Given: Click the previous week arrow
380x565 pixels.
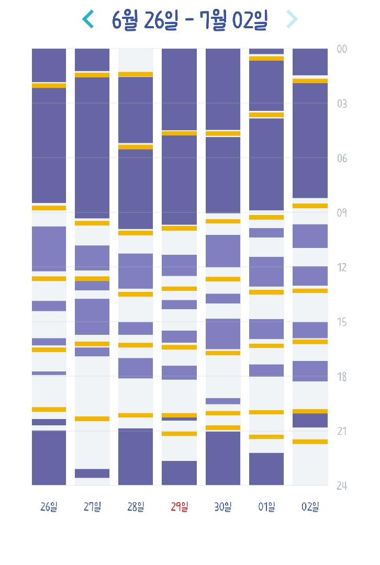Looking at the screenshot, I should coord(88,19).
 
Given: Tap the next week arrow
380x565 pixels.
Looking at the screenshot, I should coord(292,19).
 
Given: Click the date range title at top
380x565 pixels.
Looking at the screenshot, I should coord(190,20).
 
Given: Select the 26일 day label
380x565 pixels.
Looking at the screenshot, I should coord(49,506).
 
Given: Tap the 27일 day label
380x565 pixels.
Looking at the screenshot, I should coord(92,506).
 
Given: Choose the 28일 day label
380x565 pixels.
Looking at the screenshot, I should coord(136,506).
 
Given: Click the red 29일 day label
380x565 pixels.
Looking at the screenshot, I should coord(179,506).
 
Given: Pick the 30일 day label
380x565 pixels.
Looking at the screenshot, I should coord(222,506).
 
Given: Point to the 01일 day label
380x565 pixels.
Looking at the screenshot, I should coord(266,506).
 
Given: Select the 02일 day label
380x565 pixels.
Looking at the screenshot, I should coord(309,506).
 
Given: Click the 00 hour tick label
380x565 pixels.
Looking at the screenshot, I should coord(342,49).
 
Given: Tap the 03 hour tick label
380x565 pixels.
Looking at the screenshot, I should coord(342,104).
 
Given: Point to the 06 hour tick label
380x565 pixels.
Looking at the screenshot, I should coord(342,159).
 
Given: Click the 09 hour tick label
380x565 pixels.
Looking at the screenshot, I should coord(342,213).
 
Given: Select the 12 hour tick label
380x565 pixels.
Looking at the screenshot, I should coord(342,267).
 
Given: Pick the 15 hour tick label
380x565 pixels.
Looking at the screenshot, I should coord(342,322).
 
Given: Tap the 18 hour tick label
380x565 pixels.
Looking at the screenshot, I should coord(342,377).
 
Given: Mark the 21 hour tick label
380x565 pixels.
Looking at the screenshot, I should coord(342,431).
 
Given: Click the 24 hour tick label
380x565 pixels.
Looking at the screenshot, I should coord(342,486).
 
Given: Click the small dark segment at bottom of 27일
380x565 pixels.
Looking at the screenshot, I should coord(92,473).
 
